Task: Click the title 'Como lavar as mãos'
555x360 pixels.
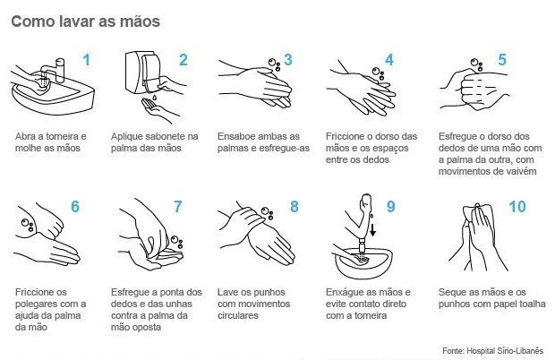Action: pos(86,21)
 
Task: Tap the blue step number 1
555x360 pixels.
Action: pos(86,60)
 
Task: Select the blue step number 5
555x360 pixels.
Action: pos(502,59)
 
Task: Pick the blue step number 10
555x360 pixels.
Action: pos(517,207)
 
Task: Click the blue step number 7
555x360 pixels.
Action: pos(177,207)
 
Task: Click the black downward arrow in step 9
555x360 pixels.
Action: pos(372,229)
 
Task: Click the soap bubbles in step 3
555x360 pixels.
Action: pos(274,64)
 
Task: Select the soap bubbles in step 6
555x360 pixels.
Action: pos(27,225)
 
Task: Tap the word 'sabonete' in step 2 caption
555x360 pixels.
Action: pos(163,137)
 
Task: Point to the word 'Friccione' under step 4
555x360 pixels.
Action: pos(345,137)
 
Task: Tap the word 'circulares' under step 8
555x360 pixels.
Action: pos(238,315)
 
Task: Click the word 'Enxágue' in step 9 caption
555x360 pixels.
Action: pos(343,293)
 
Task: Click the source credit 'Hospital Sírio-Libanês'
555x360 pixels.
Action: pos(505,351)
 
